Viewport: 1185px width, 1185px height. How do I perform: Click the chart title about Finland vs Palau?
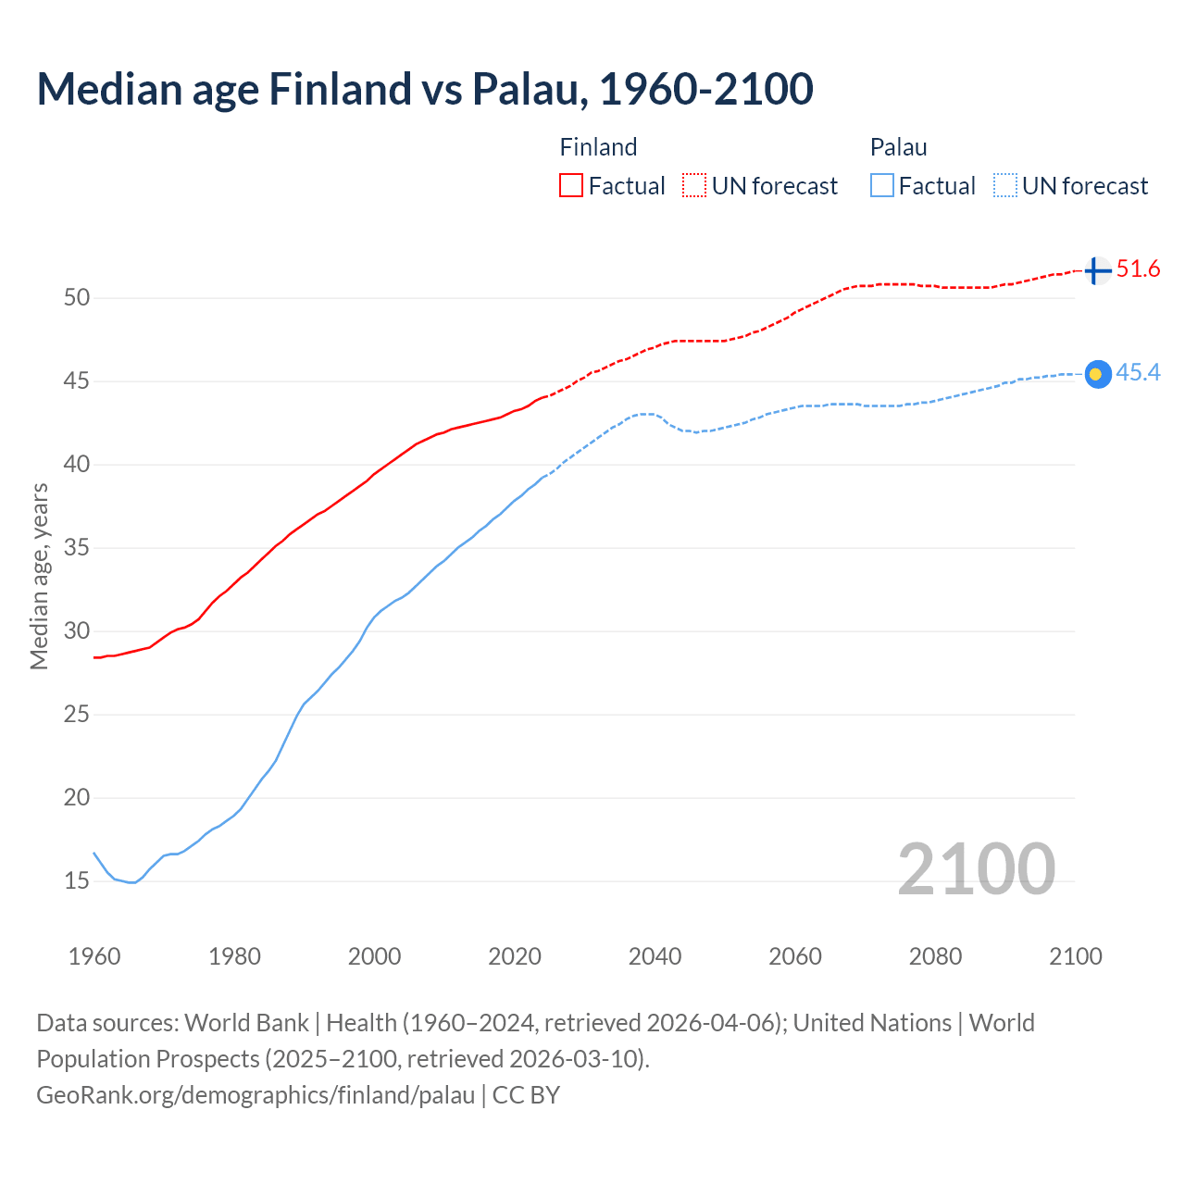pyautogui.click(x=425, y=89)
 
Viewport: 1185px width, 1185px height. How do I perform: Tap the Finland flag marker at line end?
pyautogui.click(x=1096, y=270)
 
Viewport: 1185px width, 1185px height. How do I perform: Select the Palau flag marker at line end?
pyautogui.click(x=1097, y=374)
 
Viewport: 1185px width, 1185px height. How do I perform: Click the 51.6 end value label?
pyautogui.click(x=1138, y=269)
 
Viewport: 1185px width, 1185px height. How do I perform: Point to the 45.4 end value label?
pyautogui.click(x=1138, y=373)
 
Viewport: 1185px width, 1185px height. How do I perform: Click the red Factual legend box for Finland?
pyautogui.click(x=571, y=185)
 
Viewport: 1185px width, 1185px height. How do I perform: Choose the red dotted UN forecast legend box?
pyautogui.click(x=694, y=185)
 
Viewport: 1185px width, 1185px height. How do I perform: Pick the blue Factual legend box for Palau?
pyautogui.click(x=882, y=185)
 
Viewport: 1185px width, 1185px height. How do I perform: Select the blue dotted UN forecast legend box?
pyautogui.click(x=1005, y=185)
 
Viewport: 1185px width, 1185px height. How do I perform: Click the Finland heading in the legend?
pyautogui.click(x=598, y=147)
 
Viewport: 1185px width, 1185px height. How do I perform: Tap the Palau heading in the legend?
pyautogui.click(x=898, y=147)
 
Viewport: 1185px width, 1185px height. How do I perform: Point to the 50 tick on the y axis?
pyautogui.click(x=77, y=298)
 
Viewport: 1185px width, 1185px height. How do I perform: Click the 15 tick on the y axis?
pyautogui.click(x=77, y=881)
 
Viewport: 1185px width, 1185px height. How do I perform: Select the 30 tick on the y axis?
pyautogui.click(x=77, y=631)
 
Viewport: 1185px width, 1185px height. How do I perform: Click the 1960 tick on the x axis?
pyautogui.click(x=94, y=956)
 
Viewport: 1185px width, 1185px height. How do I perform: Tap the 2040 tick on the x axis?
pyautogui.click(x=655, y=956)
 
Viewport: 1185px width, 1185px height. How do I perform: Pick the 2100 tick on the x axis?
pyautogui.click(x=1075, y=956)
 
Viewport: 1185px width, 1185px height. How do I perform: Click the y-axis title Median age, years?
pyautogui.click(x=39, y=576)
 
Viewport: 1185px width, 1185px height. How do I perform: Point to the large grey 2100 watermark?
pyautogui.click(x=976, y=868)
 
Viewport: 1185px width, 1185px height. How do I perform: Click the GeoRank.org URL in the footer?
pyautogui.click(x=256, y=1095)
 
